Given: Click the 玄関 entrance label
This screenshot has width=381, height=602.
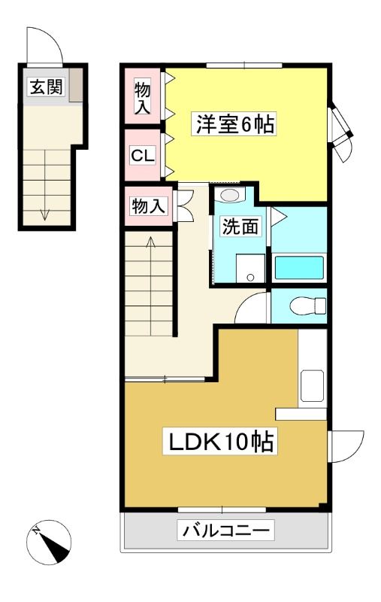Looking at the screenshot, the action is click(46, 87).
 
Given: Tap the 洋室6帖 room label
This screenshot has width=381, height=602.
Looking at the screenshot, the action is click(234, 124).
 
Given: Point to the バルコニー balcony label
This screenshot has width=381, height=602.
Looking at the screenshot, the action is click(225, 531).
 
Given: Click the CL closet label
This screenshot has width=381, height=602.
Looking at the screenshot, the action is click(143, 156).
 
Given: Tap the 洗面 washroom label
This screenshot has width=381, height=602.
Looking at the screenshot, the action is click(240, 227).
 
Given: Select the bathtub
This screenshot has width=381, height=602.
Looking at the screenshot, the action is click(299, 268).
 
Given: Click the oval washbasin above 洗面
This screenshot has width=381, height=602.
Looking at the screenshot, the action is click(230, 195).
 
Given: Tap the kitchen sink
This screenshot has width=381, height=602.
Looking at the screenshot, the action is click(312, 386).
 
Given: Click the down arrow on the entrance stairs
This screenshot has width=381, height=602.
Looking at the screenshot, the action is click(45, 185).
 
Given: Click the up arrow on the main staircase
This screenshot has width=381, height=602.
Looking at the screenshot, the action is click(150, 286).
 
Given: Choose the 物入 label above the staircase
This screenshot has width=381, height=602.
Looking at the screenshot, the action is click(148, 206).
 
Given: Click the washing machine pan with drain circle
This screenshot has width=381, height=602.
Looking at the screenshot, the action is click(250, 269).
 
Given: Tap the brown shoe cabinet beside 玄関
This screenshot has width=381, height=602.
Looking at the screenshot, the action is click(76, 85).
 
